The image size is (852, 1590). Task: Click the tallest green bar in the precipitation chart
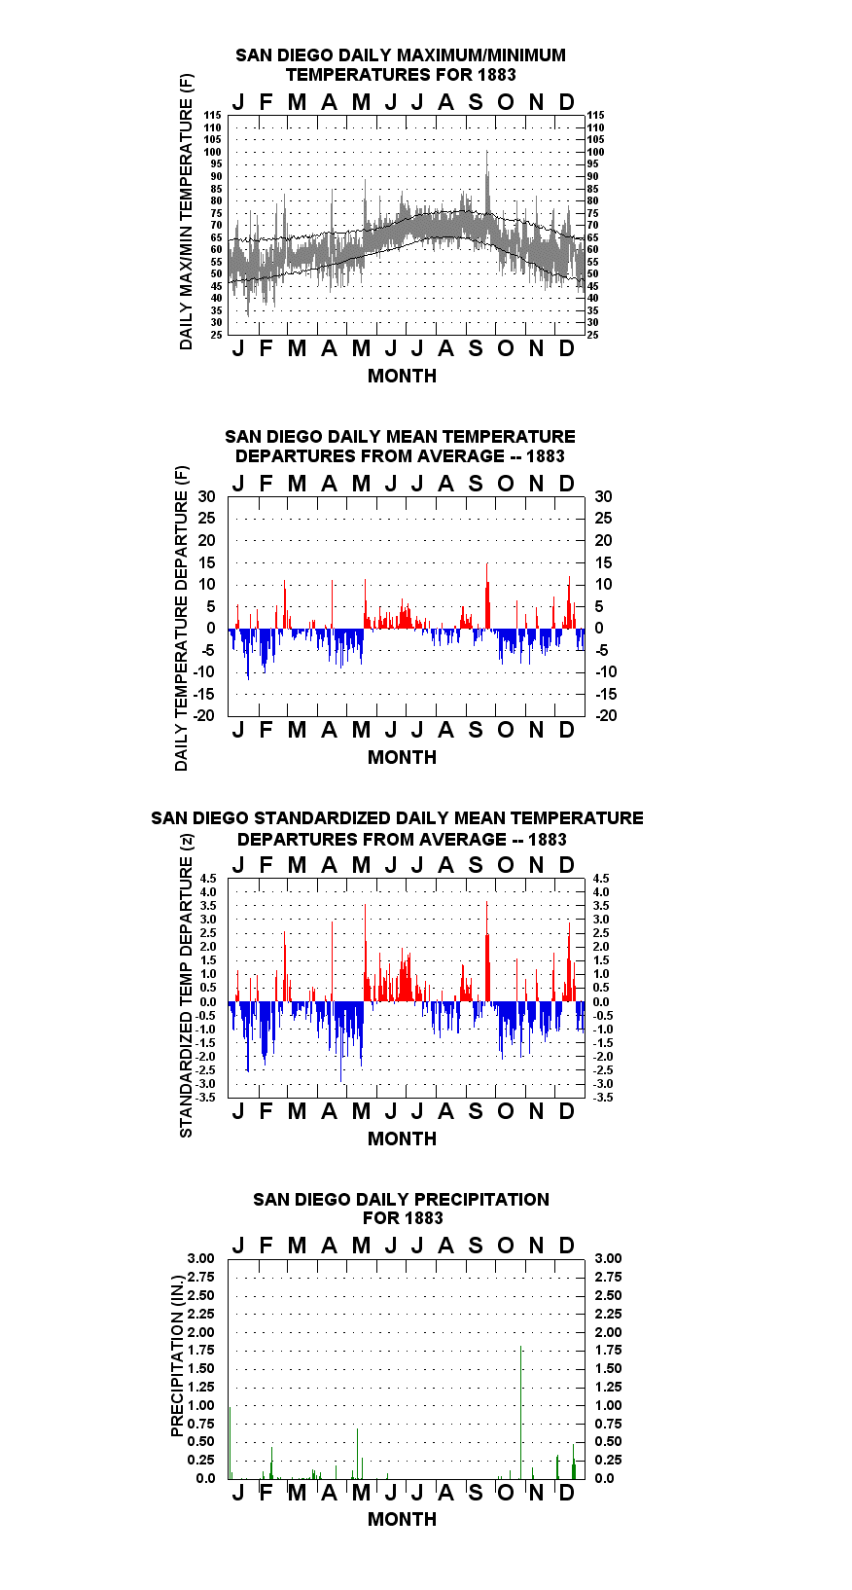point(520,1413)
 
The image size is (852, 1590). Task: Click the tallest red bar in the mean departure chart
point(487,596)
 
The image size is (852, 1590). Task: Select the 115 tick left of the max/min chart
point(213,115)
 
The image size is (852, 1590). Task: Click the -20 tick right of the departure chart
point(606,715)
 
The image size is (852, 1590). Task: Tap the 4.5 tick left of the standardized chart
point(208,879)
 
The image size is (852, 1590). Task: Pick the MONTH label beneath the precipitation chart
point(403,1519)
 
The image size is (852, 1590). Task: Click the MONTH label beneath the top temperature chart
point(403,377)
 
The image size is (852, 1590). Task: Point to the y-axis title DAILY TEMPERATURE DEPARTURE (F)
point(182,618)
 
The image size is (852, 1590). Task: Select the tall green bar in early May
point(358,1454)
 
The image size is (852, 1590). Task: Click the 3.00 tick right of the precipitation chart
point(608,1258)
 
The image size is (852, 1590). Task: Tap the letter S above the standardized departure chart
point(476,865)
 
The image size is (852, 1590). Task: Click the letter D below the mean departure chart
point(566,731)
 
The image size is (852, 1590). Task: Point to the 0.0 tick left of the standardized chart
point(208,1002)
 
